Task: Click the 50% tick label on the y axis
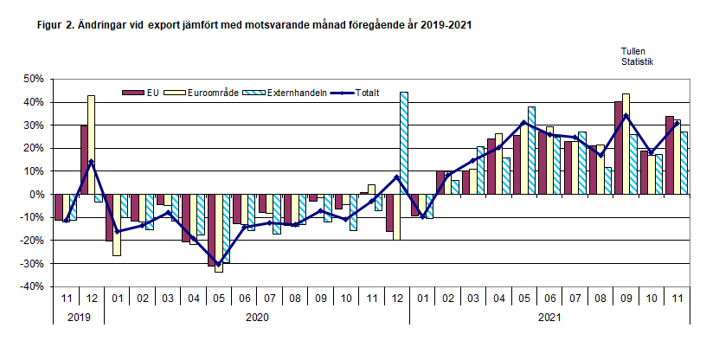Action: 33,80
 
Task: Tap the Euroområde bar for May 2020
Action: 219,233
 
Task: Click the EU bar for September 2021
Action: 618,148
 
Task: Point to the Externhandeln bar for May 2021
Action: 530,151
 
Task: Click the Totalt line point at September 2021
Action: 626,116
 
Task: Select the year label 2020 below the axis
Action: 257,318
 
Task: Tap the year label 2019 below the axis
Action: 79,318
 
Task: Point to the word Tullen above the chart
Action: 633,52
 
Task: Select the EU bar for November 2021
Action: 669,155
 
